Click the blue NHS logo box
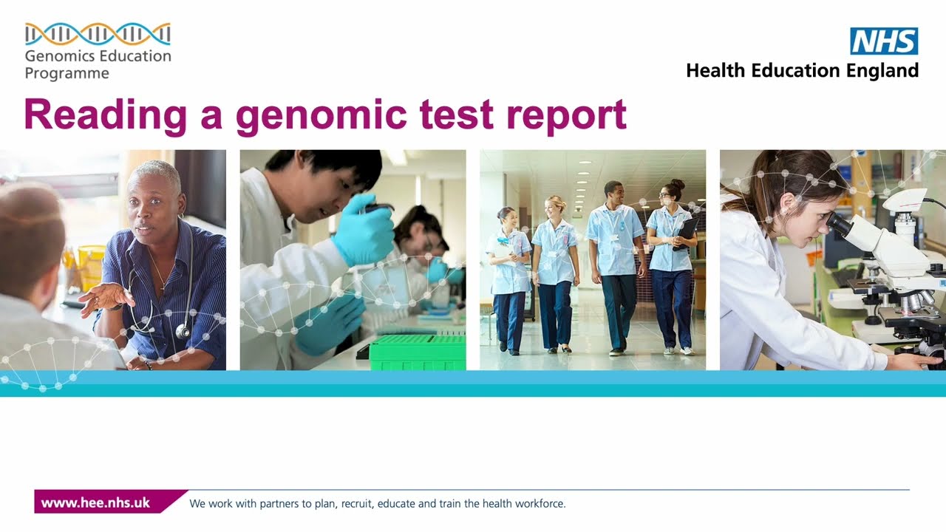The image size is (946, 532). tap(884, 41)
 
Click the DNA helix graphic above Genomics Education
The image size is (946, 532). tap(98, 34)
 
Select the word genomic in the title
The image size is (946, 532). tap(321, 115)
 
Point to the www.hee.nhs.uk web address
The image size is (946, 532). tap(95, 503)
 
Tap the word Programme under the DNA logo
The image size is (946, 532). tap(67, 73)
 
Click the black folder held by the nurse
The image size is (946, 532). tap(686, 231)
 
